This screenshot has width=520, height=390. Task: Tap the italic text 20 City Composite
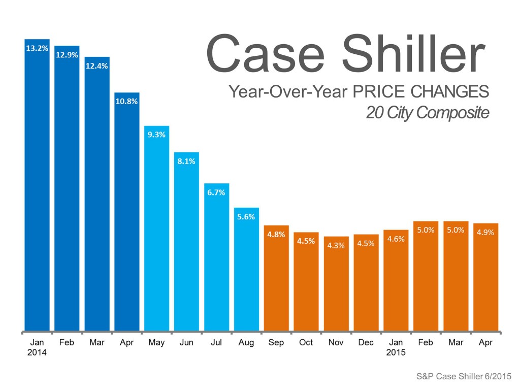(427, 113)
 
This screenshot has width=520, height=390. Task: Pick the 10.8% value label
(126, 101)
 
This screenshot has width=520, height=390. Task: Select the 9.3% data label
(156, 135)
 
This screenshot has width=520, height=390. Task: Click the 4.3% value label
(336, 245)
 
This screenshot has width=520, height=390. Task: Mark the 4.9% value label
(485, 232)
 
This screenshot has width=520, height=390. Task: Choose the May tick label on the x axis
(156, 343)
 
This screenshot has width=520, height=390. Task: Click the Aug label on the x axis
(246, 343)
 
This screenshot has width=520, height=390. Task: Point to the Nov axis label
(336, 343)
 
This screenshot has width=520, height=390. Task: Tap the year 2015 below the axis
(396, 352)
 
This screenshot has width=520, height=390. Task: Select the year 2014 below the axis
(37, 352)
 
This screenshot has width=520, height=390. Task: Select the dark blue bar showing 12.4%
(96, 203)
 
